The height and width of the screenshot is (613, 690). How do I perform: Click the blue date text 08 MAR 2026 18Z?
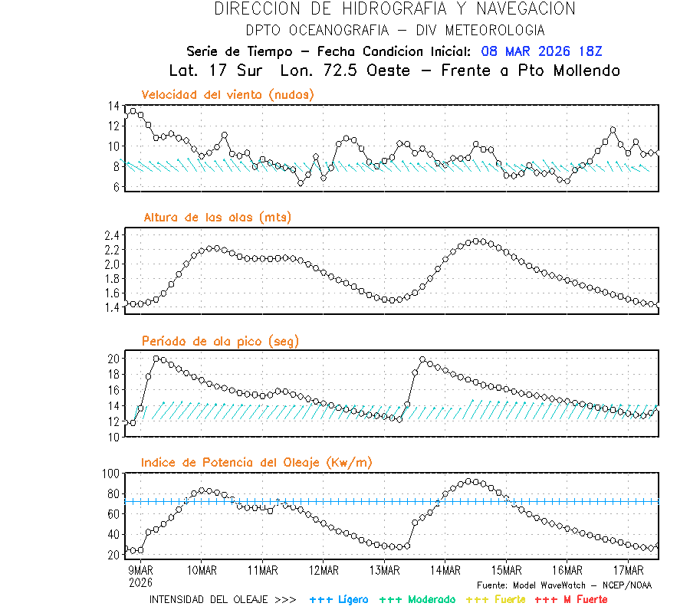pyautogui.click(x=542, y=51)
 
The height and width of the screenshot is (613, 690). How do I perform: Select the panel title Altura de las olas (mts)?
pyautogui.click(x=217, y=218)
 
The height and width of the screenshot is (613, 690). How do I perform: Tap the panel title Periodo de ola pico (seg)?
pyautogui.click(x=220, y=341)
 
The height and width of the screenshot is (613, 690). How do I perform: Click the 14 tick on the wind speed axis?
pyautogui.click(x=113, y=106)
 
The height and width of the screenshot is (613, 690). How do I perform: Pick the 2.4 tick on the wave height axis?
pyautogui.click(x=112, y=235)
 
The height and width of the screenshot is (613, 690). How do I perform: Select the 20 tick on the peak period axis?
pyautogui.click(x=113, y=359)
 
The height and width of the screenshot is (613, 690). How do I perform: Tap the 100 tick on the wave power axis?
pyautogui.click(x=110, y=474)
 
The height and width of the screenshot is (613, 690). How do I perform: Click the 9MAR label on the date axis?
pyautogui.click(x=140, y=569)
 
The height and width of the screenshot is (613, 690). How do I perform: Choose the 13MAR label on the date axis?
pyautogui.click(x=385, y=569)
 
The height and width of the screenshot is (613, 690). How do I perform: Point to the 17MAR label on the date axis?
pyautogui.click(x=629, y=569)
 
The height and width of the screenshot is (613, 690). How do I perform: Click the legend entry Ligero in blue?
pyautogui.click(x=339, y=599)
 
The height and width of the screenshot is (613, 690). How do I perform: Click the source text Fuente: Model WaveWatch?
pyautogui.click(x=563, y=585)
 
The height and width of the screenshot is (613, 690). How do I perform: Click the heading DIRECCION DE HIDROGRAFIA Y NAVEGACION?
pyautogui.click(x=395, y=9)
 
